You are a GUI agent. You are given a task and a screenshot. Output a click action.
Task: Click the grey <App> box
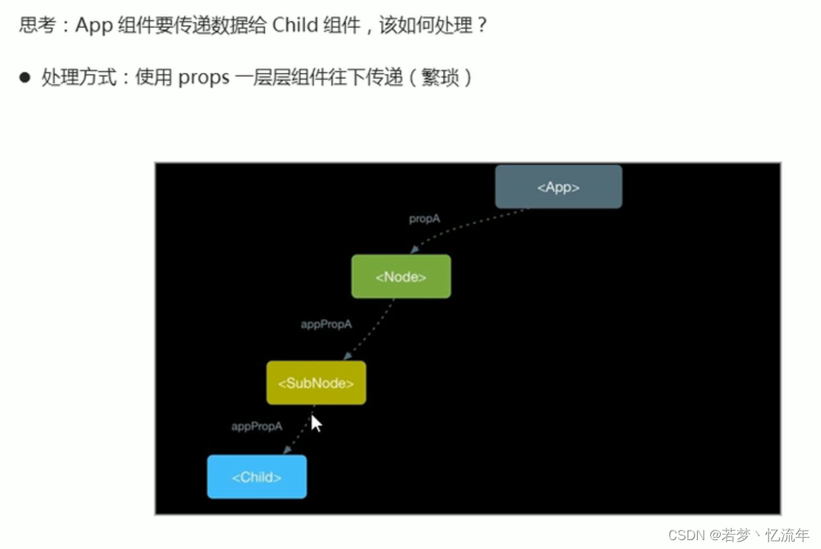coord(558,187)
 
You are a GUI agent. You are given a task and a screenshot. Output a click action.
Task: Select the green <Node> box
coord(401,276)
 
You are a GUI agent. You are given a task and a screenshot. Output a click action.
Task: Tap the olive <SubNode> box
coord(316,383)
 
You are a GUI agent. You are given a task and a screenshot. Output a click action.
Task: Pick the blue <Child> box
coord(257,477)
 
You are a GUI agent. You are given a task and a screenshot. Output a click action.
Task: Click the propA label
coord(425,219)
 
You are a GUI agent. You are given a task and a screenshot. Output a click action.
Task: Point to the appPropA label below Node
coord(326,324)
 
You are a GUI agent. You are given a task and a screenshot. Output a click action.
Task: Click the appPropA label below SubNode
coord(257,426)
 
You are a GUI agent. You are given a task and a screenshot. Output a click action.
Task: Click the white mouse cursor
coord(316,423)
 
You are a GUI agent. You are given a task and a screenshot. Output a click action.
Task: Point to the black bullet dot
coord(25,77)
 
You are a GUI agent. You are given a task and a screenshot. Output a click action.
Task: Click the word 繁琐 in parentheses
coord(440,77)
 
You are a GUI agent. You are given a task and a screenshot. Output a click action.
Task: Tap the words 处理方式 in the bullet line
coord(79,77)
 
